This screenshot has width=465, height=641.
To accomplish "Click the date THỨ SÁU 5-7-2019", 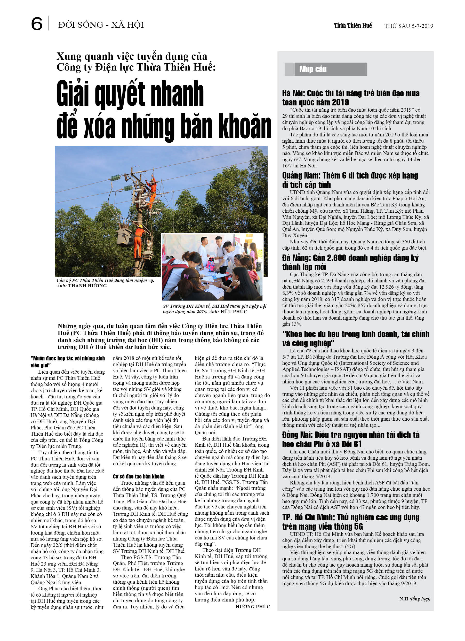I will (x=408, y=26).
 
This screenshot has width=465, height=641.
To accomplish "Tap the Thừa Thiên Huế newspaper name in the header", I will (x=353, y=26).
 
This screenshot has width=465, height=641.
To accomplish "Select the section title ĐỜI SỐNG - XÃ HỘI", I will (x=101, y=25).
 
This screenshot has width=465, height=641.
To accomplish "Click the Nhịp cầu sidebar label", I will (x=312, y=69).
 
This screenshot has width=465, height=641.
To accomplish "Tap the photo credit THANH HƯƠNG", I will (x=87, y=286).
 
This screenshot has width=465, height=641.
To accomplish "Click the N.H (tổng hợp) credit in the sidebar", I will (x=414, y=599).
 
